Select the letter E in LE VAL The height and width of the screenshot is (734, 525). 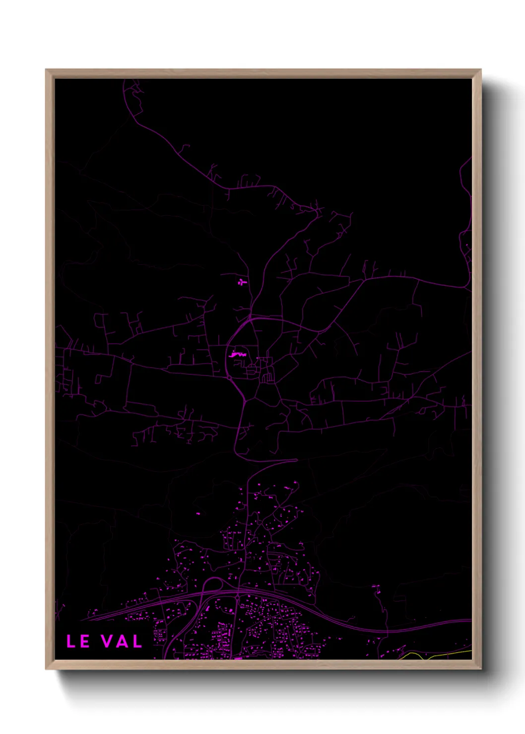(84, 641)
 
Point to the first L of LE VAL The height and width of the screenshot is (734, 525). (71, 641)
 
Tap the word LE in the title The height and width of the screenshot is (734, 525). (78, 641)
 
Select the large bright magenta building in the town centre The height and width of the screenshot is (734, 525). (238, 355)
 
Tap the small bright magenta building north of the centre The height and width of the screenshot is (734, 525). (242, 282)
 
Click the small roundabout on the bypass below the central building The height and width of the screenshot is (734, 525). (229, 378)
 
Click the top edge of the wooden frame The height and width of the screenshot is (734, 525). (263, 73)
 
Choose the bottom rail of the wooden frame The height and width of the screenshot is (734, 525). (263, 665)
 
